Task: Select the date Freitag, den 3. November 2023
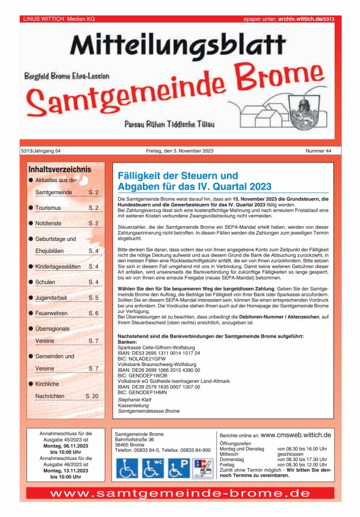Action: click(x=180, y=151)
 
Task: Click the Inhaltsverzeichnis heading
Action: click(x=60, y=169)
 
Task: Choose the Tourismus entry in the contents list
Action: click(x=48, y=207)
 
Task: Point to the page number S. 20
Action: click(x=92, y=396)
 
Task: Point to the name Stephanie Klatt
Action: click(x=134, y=399)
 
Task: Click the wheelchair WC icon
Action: click(x=153, y=468)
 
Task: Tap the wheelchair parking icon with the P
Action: click(x=179, y=468)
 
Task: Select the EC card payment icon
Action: click(x=202, y=468)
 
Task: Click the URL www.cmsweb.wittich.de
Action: click(x=295, y=435)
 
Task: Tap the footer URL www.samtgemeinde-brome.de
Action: click(x=180, y=494)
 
